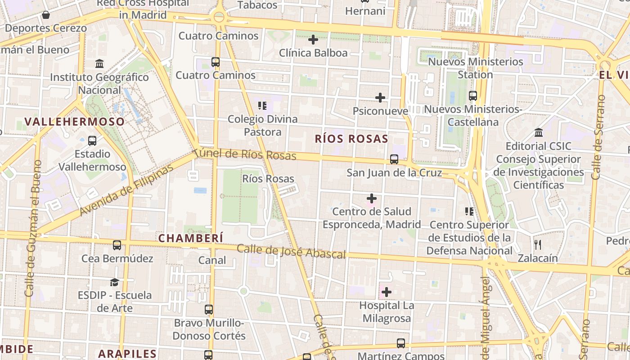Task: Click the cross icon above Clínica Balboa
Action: tap(313, 40)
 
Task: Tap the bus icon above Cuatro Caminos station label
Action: tap(216, 62)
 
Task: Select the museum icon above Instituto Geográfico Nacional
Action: tap(99, 63)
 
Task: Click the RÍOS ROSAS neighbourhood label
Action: tap(351, 139)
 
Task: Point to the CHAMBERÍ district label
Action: tap(190, 238)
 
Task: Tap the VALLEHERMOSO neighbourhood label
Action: tap(75, 121)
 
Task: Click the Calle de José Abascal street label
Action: tap(291, 251)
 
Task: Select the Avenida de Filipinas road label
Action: tap(127, 190)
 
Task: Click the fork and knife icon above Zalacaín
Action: tap(537, 245)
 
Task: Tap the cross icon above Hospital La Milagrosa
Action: tap(386, 292)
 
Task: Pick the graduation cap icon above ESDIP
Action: tap(115, 282)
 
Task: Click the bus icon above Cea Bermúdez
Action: tap(117, 245)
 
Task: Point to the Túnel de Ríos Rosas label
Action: tap(246, 154)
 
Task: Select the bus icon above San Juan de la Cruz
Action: tap(394, 159)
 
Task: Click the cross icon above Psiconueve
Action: tap(380, 98)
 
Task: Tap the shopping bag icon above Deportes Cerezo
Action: tap(45, 15)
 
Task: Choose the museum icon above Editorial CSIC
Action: tap(538, 133)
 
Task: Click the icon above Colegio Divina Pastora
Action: tap(262, 106)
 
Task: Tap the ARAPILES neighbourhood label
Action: tap(127, 353)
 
